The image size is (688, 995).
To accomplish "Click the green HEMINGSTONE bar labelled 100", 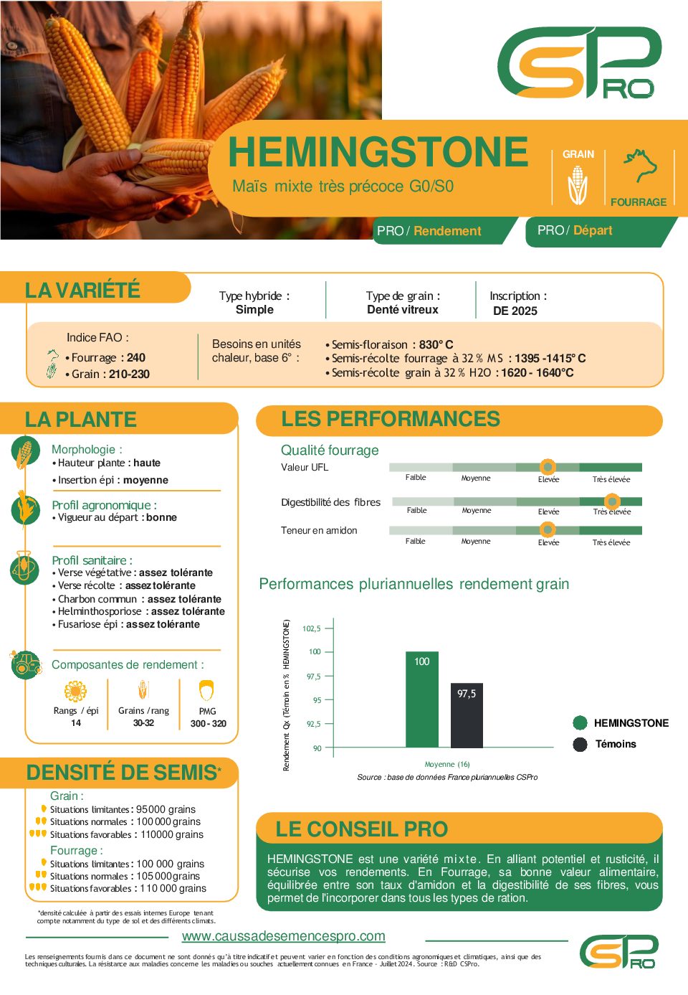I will click(x=421, y=699).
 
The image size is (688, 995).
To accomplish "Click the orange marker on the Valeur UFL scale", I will click(x=548, y=467).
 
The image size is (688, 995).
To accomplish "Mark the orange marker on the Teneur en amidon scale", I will click(x=548, y=530).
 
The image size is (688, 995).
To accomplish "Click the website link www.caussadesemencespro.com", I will click(x=283, y=936).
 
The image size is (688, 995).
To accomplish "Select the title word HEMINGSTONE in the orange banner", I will click(x=378, y=152).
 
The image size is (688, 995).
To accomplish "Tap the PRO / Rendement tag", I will click(x=429, y=231).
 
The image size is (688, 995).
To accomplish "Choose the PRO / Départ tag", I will click(x=575, y=230).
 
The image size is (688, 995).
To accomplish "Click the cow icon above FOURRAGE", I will click(x=639, y=166).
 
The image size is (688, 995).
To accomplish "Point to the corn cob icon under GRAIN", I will click(x=578, y=185).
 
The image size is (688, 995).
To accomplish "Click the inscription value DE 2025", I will click(x=515, y=311).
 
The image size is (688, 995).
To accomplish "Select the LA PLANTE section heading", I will click(x=80, y=420).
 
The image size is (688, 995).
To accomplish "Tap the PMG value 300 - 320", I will click(x=208, y=724).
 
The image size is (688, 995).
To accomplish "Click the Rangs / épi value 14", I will click(x=76, y=723).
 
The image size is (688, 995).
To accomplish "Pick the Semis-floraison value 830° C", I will click(x=436, y=345).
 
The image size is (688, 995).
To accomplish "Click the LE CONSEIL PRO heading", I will click(x=361, y=829).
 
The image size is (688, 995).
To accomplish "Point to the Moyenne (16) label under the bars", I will click(x=447, y=764).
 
